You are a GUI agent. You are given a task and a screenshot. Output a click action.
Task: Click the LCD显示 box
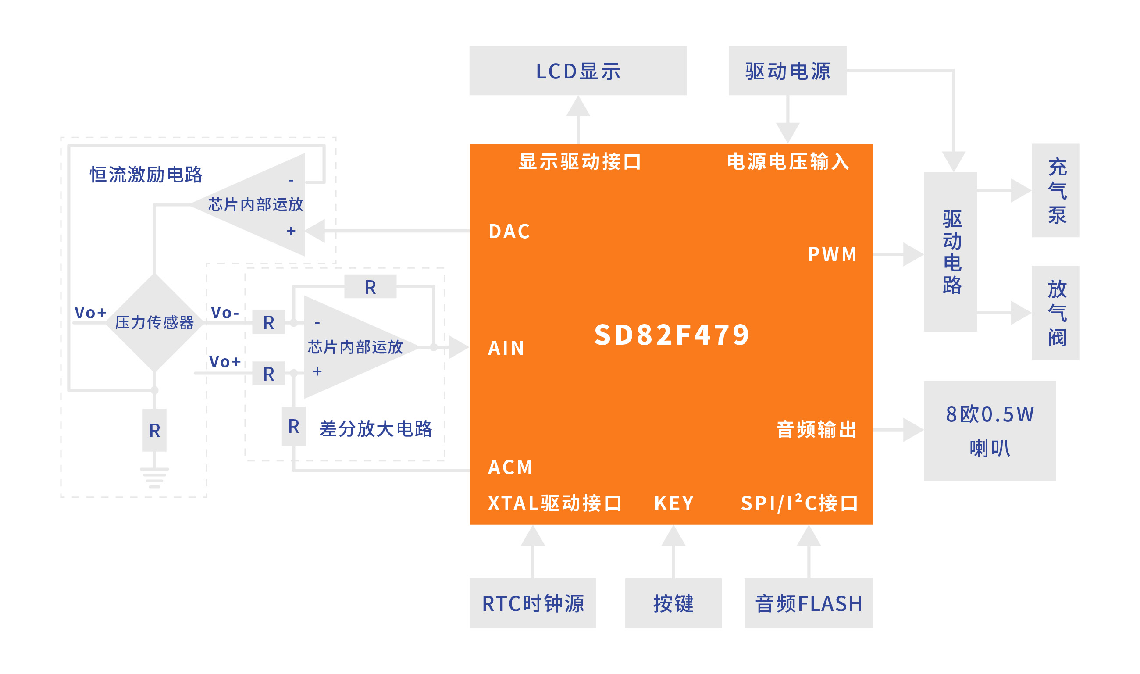tap(578, 71)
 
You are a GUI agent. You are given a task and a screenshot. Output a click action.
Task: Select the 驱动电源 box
tap(787, 71)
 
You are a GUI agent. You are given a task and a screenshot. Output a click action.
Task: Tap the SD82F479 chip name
tap(672, 335)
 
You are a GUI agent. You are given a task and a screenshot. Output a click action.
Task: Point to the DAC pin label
tap(509, 232)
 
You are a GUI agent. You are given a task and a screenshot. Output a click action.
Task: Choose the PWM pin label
tap(832, 254)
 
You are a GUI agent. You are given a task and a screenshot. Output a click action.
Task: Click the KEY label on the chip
tap(674, 503)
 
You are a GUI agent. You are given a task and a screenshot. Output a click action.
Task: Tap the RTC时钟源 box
tap(533, 603)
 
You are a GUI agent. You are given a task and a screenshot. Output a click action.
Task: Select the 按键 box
tap(673, 603)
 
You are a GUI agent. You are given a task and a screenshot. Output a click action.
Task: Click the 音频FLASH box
tap(809, 603)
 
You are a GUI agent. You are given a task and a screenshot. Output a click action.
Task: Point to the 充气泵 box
tap(1055, 190)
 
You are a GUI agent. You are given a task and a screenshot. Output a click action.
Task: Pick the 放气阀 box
tap(1055, 313)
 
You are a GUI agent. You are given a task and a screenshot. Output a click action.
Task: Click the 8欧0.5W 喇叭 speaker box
tap(990, 431)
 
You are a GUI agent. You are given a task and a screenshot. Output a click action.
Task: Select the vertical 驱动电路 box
tap(951, 252)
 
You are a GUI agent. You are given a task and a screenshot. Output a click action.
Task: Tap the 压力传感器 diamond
tap(155, 322)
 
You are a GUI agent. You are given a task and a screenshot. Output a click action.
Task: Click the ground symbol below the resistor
tap(154, 478)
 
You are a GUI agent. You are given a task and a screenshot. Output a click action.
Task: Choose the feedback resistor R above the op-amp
tap(370, 287)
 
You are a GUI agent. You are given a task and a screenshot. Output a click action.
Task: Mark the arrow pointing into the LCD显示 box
tap(578, 119)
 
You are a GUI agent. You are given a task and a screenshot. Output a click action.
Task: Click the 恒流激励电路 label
tap(146, 175)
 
